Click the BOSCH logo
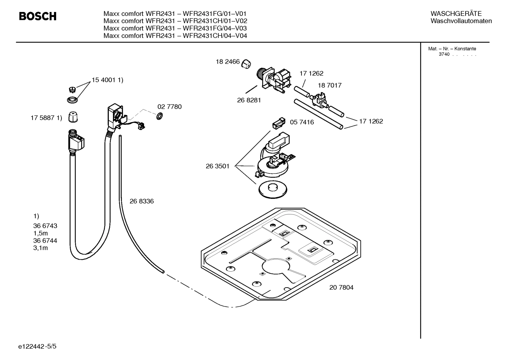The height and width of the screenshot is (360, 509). point(37,16)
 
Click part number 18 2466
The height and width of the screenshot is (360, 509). point(228,62)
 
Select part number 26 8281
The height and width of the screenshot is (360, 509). point(249,100)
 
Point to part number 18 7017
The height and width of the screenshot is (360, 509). point(329,85)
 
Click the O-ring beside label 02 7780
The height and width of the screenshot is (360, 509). point(160,116)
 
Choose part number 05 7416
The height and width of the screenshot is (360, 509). point(302,122)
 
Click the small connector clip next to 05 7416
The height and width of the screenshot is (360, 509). point(278,123)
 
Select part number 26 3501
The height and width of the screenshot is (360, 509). point(217,166)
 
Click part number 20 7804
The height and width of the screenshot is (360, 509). point(341,287)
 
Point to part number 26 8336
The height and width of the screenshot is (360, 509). point(142,201)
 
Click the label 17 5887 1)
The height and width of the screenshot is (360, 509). point(46,118)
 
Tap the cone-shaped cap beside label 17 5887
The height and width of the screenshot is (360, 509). point(73,117)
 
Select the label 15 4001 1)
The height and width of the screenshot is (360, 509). point(107,80)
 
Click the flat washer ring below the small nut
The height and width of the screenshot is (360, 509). point(73,100)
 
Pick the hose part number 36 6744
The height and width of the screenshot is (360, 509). point(45,241)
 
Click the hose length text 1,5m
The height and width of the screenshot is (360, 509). point(41,233)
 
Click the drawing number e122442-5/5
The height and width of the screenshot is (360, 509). point(37,347)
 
